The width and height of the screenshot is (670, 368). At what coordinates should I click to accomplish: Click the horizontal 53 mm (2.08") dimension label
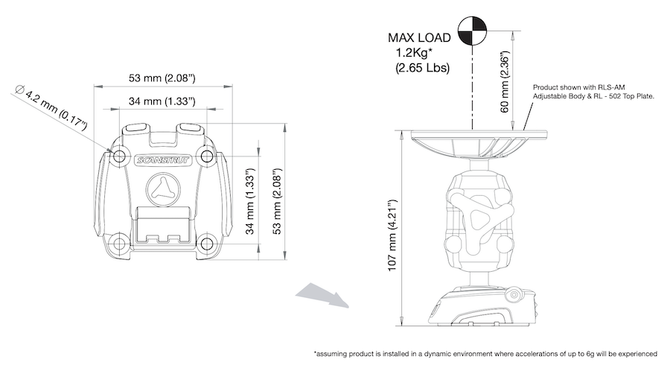pyautogui.click(x=162, y=77)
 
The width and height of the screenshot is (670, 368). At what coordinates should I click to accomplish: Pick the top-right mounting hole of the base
pyautogui.click(x=208, y=156)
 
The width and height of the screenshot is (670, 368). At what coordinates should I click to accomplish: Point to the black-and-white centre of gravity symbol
pyautogui.click(x=472, y=30)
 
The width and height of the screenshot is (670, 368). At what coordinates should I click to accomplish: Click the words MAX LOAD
pyautogui.click(x=418, y=38)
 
